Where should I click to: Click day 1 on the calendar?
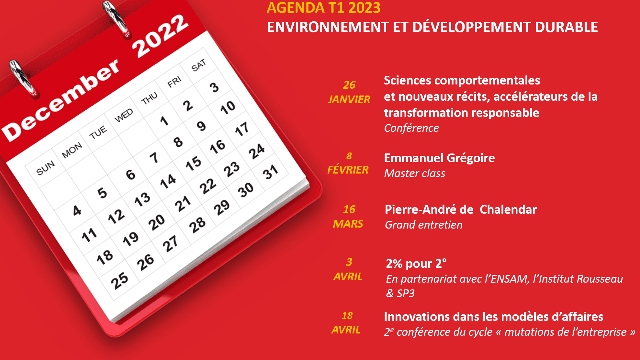163,121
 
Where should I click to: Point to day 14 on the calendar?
168,181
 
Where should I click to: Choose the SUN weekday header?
46,169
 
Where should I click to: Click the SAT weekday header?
199,66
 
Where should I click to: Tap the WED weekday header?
124,116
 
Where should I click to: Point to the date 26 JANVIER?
349,92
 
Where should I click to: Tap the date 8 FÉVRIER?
348,163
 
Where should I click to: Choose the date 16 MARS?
348,216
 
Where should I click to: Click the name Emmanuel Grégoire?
439,157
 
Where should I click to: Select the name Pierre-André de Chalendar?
460,209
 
